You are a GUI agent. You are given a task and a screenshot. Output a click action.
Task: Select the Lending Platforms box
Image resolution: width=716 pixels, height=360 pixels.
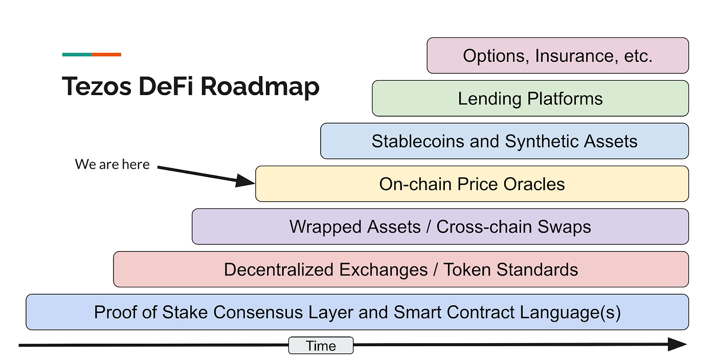coord(530,99)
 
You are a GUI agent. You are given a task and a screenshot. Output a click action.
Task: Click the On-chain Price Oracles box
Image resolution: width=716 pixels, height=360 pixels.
coord(472,184)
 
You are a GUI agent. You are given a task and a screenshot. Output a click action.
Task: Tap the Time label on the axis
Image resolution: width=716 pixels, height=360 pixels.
coord(321,346)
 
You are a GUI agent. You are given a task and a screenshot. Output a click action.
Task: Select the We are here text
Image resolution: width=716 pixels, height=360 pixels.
coord(113,165)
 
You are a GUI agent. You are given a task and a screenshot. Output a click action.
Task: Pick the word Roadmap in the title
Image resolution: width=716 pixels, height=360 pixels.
coord(260,87)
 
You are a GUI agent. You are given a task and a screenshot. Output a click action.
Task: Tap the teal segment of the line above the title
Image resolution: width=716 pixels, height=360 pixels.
coord(77,54)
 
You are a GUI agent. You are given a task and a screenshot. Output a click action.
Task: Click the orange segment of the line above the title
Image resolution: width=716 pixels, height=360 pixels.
coord(106,54)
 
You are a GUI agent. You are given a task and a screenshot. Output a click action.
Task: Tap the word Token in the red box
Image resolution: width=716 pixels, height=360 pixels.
coord(469,269)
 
